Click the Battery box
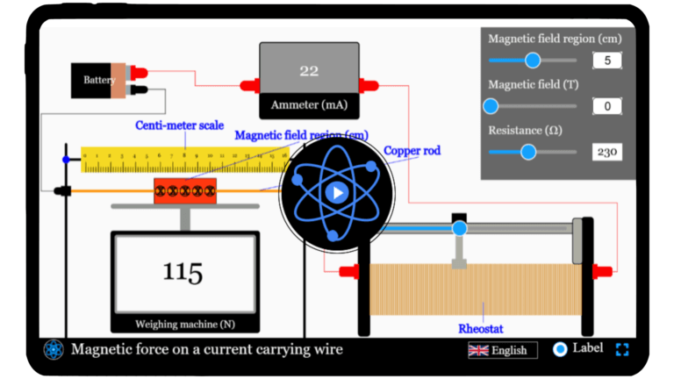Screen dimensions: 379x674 [99, 81]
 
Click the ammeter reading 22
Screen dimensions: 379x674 [308, 71]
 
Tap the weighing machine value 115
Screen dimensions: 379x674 [183, 272]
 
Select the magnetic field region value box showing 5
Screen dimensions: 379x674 [606, 61]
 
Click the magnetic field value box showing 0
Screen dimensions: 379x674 [606, 106]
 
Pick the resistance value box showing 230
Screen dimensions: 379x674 [606, 152]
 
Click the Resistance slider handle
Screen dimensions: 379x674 [528, 152]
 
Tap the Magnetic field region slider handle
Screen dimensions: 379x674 [532, 61]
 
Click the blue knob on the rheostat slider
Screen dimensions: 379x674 [459, 229]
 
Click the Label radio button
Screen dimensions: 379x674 [560, 349]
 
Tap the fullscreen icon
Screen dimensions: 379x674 [622, 349]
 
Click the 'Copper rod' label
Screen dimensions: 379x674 [412, 151]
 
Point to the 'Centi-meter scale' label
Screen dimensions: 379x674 [179, 125]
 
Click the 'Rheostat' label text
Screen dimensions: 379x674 [481, 329]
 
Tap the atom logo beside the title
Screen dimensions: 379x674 [54, 349]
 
